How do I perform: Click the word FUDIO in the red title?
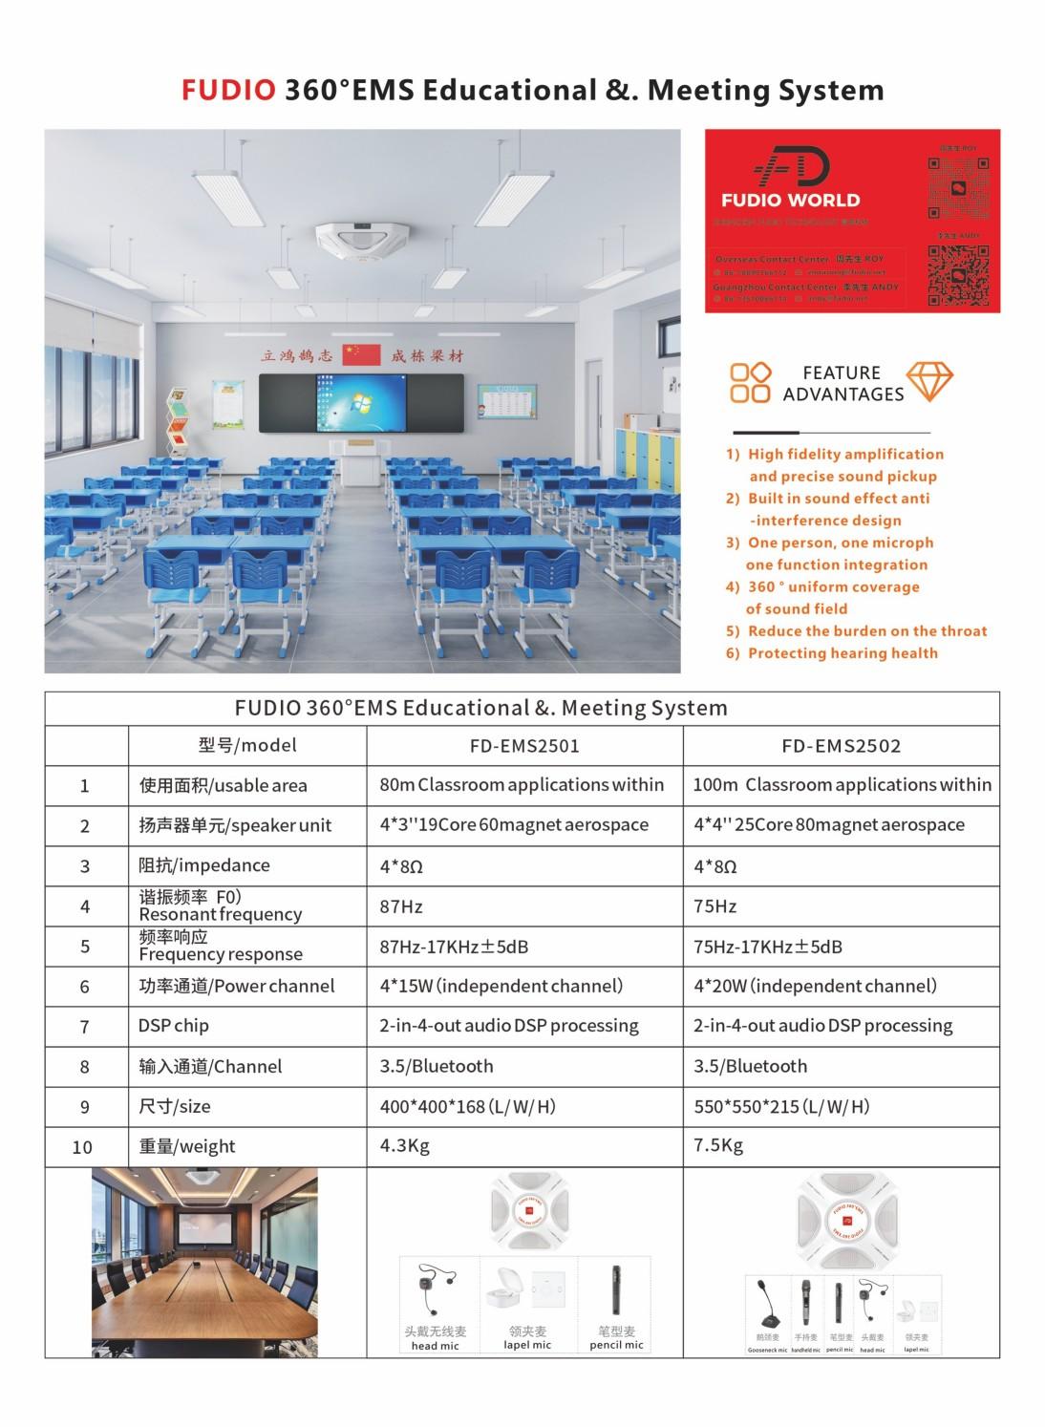228,90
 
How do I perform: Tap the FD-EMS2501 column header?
524,746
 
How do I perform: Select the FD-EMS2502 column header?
841,746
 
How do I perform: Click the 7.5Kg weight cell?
718,1145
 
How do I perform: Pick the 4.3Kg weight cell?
404,1145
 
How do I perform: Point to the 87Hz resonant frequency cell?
401,906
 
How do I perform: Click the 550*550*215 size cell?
781,1106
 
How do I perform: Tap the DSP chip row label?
174,1026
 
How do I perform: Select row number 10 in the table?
83,1147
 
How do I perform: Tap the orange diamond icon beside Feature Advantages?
928,382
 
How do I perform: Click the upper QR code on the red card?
958,186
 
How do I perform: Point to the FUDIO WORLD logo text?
790,201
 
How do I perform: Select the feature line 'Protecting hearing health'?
842,653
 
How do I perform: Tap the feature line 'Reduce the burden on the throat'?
866,631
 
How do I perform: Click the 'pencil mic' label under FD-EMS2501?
616,1345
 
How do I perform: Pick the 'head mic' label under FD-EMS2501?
435,1346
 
